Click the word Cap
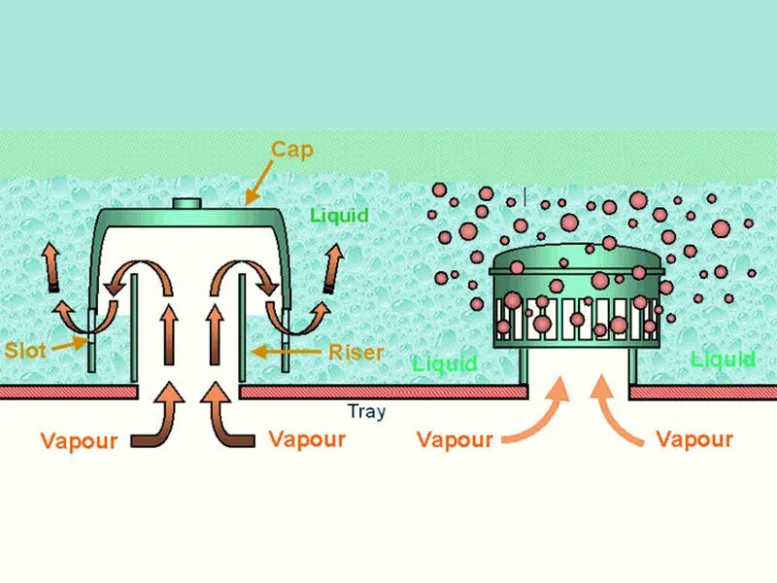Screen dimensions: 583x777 point(291,150)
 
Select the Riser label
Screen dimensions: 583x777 point(356,351)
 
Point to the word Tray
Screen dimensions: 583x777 point(366,411)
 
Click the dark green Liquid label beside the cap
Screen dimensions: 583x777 point(340,215)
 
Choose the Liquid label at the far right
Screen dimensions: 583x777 point(723,360)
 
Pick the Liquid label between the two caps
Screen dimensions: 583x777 point(445,363)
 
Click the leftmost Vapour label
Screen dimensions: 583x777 point(79,440)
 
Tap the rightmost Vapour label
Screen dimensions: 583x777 point(693,439)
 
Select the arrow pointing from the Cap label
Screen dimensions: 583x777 point(260,185)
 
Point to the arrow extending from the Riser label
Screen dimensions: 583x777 point(286,351)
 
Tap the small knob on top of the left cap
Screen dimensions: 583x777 point(186,204)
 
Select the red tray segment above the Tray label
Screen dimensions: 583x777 point(383,393)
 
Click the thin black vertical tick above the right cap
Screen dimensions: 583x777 point(524,197)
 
